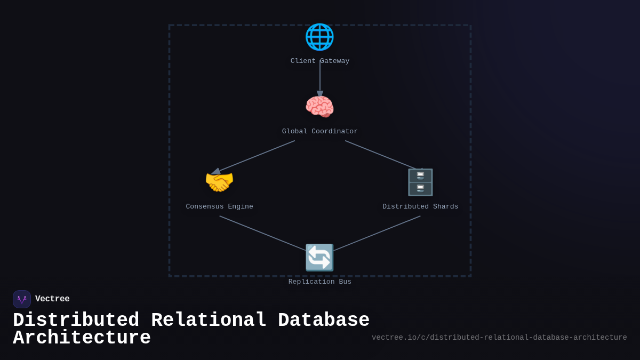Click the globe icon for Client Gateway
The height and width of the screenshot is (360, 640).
(x=319, y=37)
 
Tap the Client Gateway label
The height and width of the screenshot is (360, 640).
(x=320, y=61)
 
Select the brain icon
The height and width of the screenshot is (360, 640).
(x=319, y=107)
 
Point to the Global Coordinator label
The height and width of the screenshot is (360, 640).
(x=320, y=132)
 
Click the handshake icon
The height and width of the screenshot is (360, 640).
(x=219, y=182)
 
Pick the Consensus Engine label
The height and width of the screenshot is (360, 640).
(x=219, y=207)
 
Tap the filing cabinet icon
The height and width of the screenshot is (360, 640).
(x=420, y=182)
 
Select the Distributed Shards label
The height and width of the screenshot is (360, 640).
(x=420, y=207)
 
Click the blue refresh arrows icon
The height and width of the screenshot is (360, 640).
(x=319, y=258)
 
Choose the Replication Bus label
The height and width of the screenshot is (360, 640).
(x=320, y=282)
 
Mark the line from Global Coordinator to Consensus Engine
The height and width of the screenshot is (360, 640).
(x=255, y=156)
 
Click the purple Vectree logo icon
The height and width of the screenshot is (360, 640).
(x=22, y=299)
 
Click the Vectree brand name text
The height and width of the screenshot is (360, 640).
(x=52, y=299)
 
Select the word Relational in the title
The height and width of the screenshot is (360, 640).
(x=209, y=321)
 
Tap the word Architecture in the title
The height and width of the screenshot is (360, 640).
(x=82, y=338)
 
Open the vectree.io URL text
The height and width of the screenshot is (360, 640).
(x=499, y=338)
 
